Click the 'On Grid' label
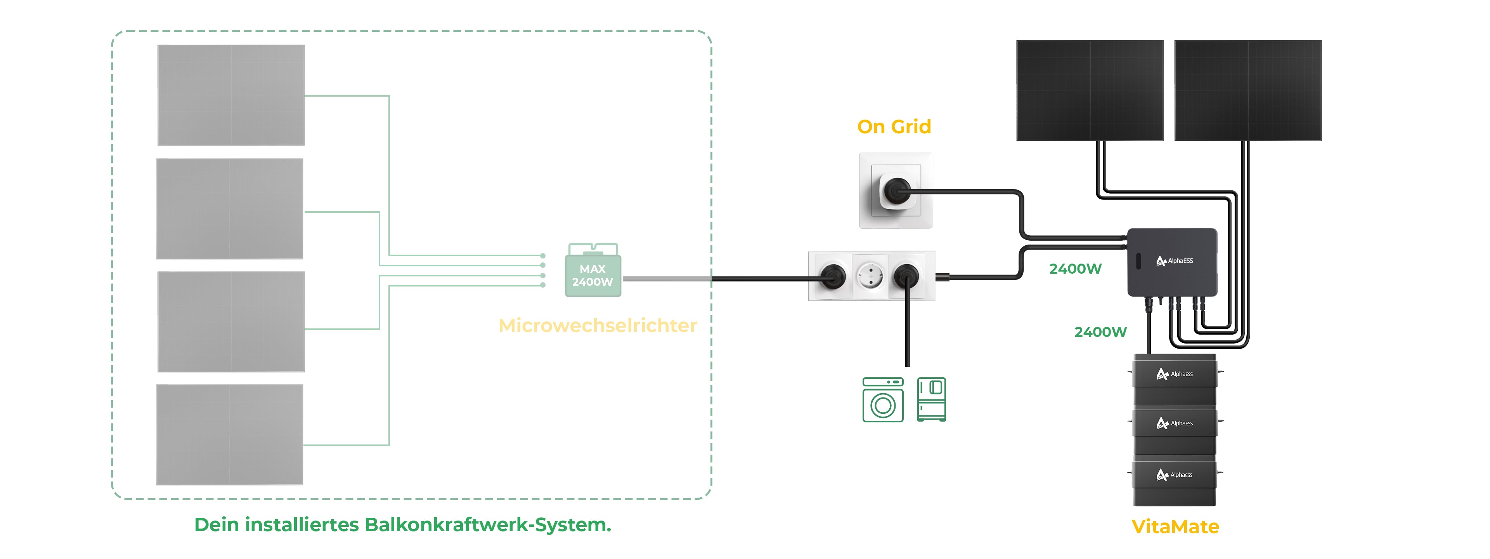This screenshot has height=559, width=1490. pos(894,127)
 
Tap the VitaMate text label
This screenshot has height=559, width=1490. pos(1175,527)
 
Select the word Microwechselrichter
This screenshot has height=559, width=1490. pos(598,326)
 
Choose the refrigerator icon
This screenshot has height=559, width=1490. pos(931,400)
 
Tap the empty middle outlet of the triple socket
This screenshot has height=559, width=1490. pos(870,276)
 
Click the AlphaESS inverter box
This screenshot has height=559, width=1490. pos(1173,262)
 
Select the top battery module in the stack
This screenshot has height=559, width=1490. pos(1174,379)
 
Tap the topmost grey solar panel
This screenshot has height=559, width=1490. pos(231,95)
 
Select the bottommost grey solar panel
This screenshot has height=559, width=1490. pos(230,435)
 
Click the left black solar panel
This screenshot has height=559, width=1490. pos(1090,90)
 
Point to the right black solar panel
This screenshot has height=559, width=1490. pos(1247,90)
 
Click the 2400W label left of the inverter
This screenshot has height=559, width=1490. pos(1075,269)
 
